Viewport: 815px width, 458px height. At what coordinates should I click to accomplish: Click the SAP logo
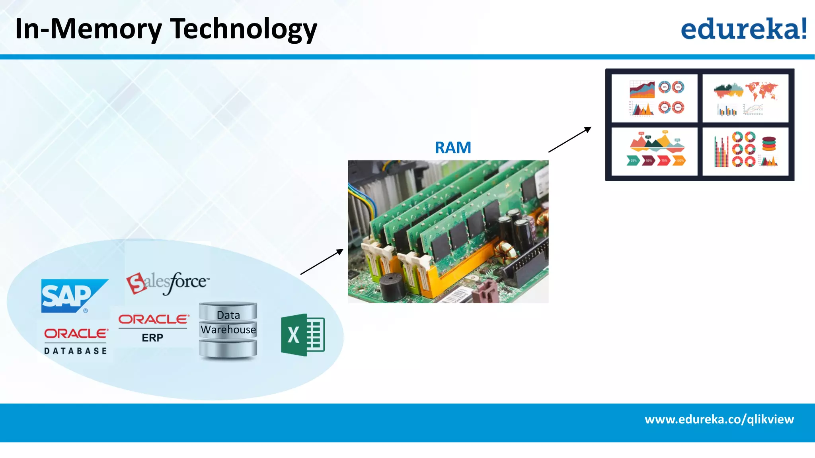tap(72, 296)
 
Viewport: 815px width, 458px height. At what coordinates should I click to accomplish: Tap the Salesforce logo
tap(167, 282)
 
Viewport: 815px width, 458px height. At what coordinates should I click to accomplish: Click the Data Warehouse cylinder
tap(228, 330)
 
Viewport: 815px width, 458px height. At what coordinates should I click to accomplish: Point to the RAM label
tap(453, 148)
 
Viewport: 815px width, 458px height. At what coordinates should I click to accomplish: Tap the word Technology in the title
tap(244, 29)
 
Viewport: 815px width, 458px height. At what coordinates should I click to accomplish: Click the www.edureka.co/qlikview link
tap(719, 419)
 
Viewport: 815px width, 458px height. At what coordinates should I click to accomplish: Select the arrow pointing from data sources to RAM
tap(322, 262)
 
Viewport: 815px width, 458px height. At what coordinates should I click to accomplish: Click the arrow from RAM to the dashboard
tap(569, 140)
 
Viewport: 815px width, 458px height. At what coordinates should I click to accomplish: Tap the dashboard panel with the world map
tap(745, 98)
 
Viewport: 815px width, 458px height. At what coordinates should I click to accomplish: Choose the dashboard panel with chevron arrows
tap(655, 151)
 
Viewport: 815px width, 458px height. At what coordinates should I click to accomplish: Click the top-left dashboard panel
tap(655, 98)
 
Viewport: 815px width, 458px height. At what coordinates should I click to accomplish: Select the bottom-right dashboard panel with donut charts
tap(745, 151)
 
